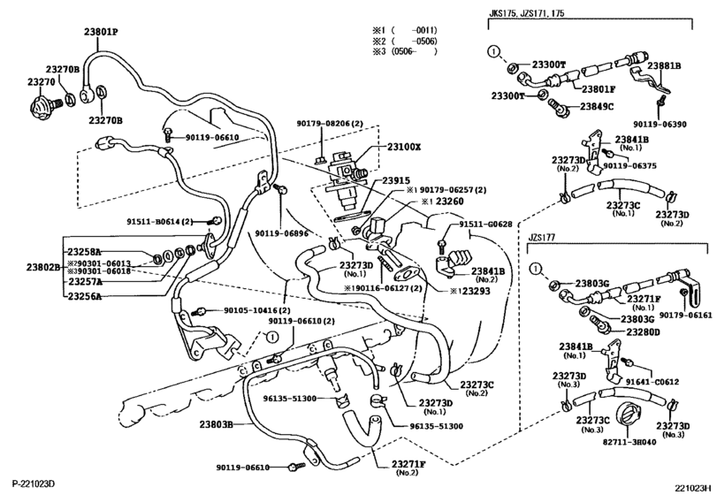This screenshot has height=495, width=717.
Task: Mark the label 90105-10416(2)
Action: point(242,310)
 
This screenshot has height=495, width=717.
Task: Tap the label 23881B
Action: point(664,65)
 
